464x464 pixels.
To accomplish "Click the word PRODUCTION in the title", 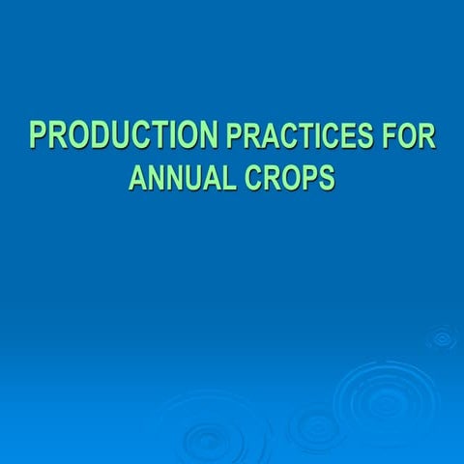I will [x=123, y=135].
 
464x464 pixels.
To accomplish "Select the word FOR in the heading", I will [x=409, y=137].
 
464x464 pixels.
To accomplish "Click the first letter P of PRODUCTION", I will [x=39, y=135].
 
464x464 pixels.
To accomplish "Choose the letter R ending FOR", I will [x=428, y=137].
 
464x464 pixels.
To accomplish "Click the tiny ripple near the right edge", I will [x=443, y=337].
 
